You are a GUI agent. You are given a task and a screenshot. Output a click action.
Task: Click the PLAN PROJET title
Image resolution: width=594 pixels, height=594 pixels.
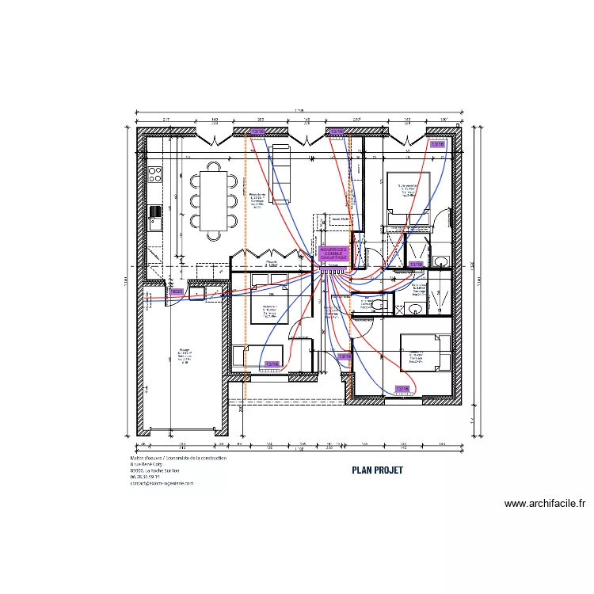tap(377, 470)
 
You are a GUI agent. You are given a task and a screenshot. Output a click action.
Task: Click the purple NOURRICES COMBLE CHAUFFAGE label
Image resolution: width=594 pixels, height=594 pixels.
tap(333, 253)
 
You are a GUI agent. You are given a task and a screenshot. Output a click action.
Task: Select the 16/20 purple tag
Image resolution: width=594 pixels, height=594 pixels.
tap(176, 291)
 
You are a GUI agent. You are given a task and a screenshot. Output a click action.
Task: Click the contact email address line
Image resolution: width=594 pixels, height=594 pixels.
tap(162, 483)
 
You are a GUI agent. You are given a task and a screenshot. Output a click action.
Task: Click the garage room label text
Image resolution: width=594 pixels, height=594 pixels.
tap(184, 355)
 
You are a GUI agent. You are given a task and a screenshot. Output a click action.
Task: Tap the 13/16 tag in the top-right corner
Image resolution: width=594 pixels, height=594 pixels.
tap(437, 145)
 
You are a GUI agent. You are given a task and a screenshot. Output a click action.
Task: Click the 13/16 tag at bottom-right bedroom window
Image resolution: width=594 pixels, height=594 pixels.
tap(402, 388)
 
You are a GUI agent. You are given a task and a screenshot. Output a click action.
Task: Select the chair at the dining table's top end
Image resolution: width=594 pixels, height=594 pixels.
tap(214, 166)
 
